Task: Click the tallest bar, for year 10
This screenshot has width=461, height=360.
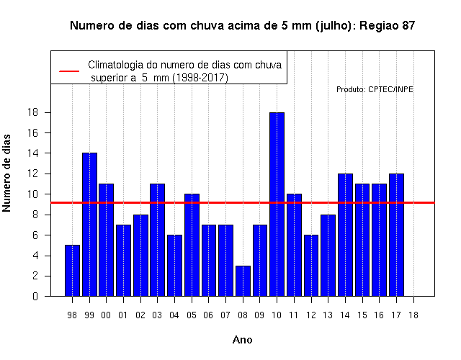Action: (x=277, y=204)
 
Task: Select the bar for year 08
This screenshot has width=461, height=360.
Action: (x=243, y=281)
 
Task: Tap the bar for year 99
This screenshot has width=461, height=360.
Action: (x=89, y=225)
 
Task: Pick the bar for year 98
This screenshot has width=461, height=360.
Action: (x=72, y=271)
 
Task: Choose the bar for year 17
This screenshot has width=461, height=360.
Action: (x=396, y=235)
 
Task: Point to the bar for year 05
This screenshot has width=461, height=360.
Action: (x=192, y=245)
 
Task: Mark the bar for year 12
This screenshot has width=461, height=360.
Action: (x=311, y=266)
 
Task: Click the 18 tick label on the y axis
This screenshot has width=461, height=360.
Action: (x=32, y=112)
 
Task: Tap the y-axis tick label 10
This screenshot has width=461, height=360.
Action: (x=32, y=194)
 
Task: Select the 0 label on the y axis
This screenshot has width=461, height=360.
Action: (x=35, y=296)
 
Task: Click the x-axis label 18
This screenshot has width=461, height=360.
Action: (x=413, y=315)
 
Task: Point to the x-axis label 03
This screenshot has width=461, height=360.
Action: (x=157, y=315)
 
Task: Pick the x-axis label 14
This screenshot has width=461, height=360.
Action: (x=345, y=315)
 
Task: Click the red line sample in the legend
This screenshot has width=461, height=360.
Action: (x=69, y=71)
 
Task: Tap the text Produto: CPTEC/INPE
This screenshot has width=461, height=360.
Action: (x=375, y=89)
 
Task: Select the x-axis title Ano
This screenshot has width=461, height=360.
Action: (x=243, y=340)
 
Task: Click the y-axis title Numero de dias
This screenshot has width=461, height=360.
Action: (x=6, y=174)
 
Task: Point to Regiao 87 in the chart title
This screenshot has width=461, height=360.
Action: (x=388, y=26)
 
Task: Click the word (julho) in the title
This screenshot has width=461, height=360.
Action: (x=336, y=26)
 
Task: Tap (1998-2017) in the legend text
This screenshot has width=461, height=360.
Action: (x=200, y=78)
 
